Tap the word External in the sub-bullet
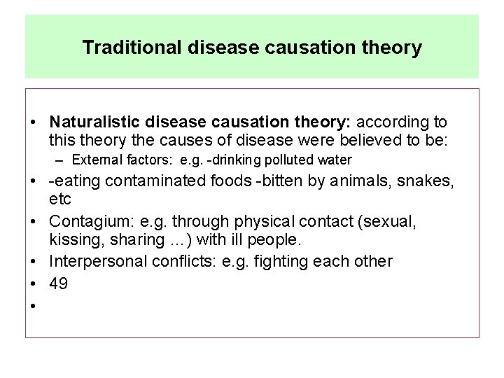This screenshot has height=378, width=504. [95, 160]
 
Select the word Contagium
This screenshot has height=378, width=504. [85, 222]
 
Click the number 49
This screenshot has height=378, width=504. [59, 283]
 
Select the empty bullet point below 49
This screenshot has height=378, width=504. [34, 306]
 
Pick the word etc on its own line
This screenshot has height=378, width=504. [60, 200]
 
